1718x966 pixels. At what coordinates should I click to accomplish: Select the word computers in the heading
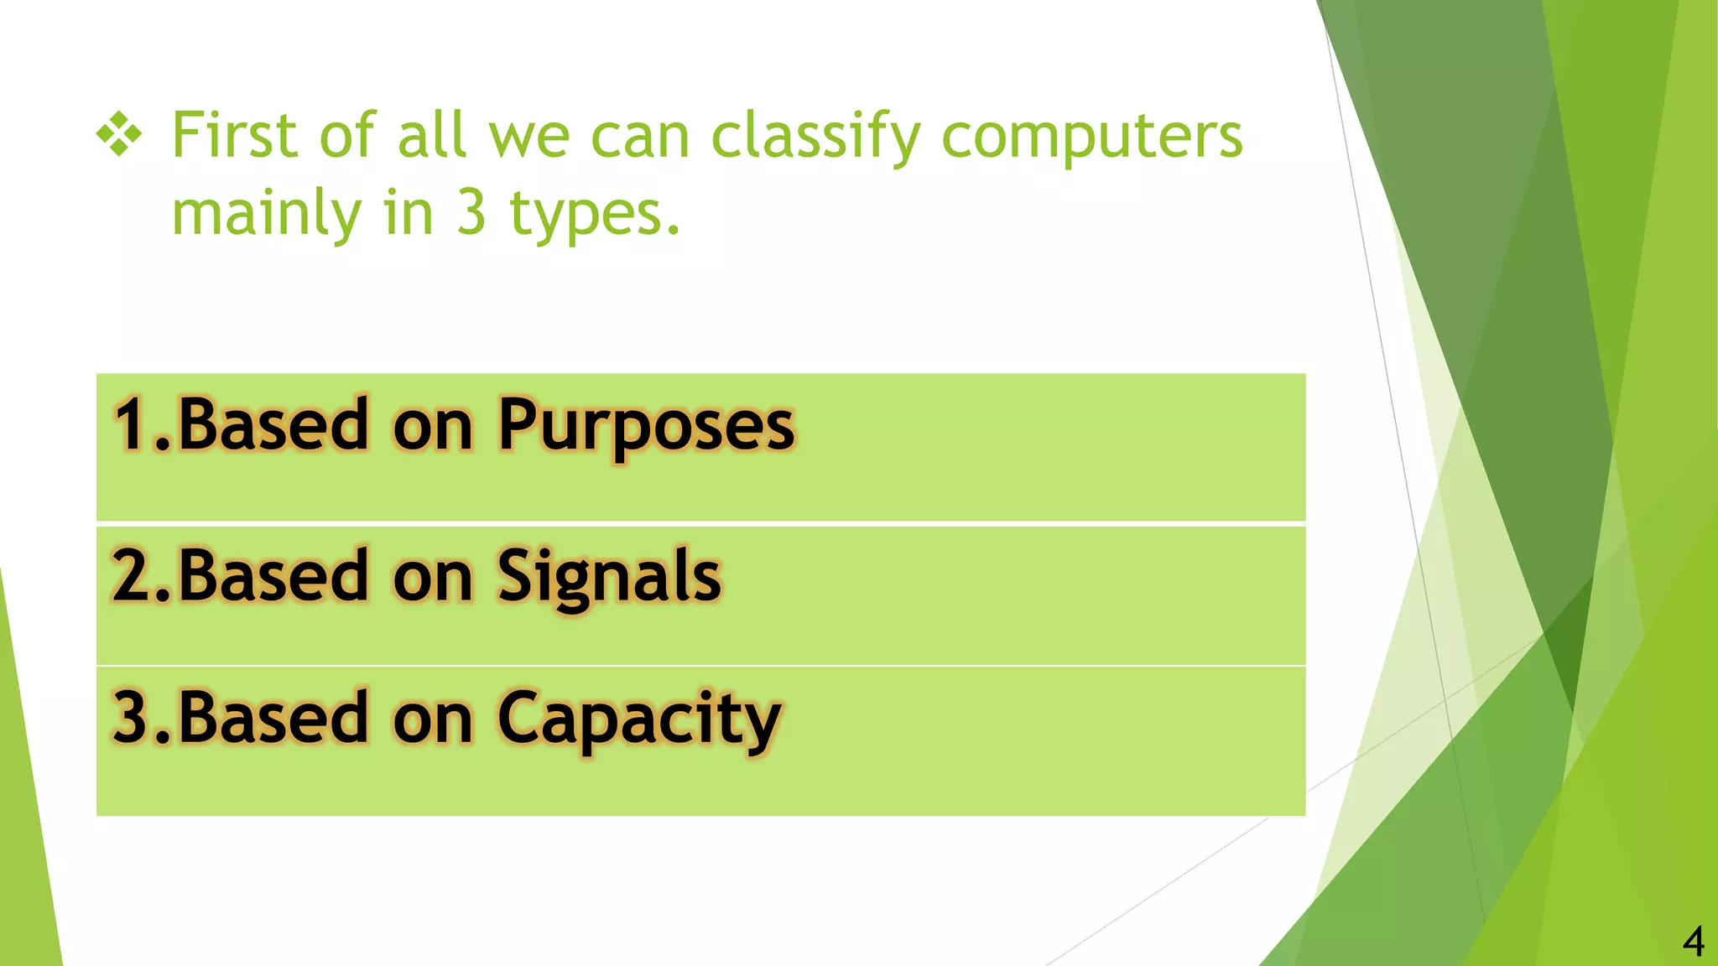click(1091, 136)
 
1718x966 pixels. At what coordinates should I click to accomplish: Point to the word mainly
click(266, 214)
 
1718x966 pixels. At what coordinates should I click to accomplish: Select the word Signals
click(609, 577)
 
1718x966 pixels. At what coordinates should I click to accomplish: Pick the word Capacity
click(639, 719)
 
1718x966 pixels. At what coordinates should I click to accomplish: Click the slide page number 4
click(1693, 942)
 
